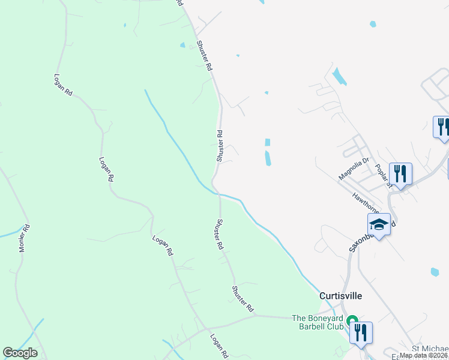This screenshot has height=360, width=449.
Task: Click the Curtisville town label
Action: tap(341, 296)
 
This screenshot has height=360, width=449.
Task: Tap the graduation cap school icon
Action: tap(379, 224)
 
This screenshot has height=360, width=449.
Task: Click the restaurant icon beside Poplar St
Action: tap(400, 174)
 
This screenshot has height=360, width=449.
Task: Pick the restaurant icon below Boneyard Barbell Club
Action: tap(360, 333)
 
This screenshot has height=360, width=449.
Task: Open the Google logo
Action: tap(20, 353)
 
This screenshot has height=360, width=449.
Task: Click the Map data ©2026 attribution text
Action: tap(424, 355)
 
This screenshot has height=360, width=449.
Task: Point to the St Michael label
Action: tap(430, 349)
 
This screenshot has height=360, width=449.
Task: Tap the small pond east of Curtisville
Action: tap(435, 272)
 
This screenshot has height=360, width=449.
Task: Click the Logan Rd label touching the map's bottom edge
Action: tap(218, 347)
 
